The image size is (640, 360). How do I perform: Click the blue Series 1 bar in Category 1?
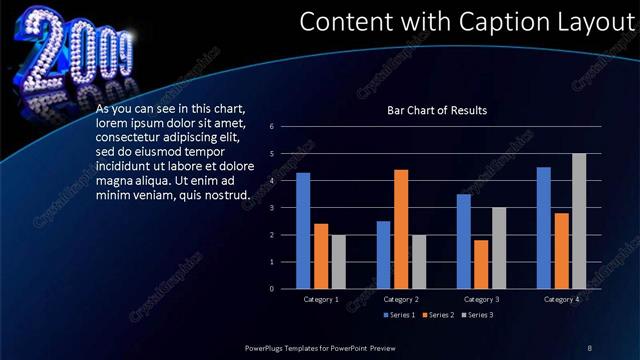[x=303, y=230]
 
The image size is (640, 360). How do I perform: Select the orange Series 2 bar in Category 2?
[x=401, y=229]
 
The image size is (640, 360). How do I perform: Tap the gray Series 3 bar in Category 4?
[x=579, y=221]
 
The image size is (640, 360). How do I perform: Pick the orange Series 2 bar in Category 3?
[x=481, y=264]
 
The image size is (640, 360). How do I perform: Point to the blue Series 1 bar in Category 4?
[x=544, y=227]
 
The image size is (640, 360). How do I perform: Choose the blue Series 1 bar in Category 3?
[x=464, y=241]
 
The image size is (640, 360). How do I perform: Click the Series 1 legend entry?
[x=400, y=315]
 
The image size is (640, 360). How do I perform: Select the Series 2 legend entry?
[x=438, y=315]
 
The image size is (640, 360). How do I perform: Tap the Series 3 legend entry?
[x=476, y=315]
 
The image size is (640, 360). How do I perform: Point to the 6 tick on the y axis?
[x=271, y=127]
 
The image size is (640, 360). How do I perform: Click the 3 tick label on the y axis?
[x=271, y=208]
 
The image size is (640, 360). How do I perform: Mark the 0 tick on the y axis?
[x=271, y=289]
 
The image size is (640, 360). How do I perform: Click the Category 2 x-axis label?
[x=401, y=299]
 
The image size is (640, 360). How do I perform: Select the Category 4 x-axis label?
[x=561, y=299]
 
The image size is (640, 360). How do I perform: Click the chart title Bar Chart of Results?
[x=437, y=110]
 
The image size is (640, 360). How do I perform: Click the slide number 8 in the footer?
[x=589, y=347]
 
